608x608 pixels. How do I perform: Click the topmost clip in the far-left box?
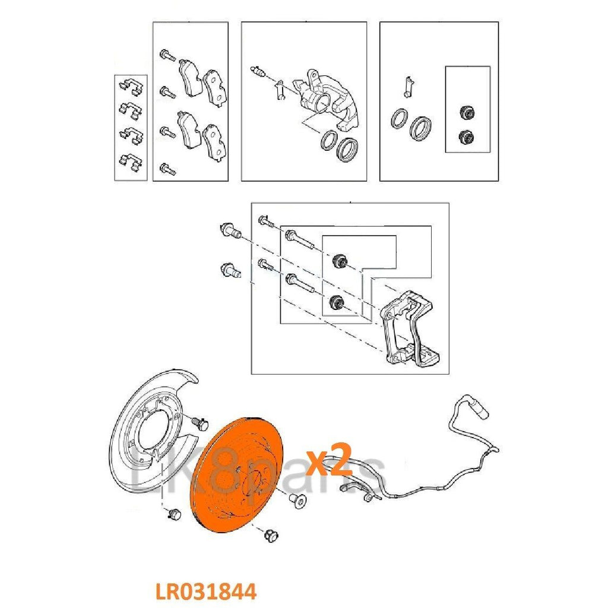[129, 87]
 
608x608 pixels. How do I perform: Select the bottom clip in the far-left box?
[129, 160]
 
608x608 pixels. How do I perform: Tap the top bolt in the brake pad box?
[167, 57]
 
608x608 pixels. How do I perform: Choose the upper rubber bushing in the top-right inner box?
[467, 112]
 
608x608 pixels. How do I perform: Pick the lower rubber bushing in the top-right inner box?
[467, 137]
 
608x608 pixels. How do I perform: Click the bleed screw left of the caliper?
[258, 73]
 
